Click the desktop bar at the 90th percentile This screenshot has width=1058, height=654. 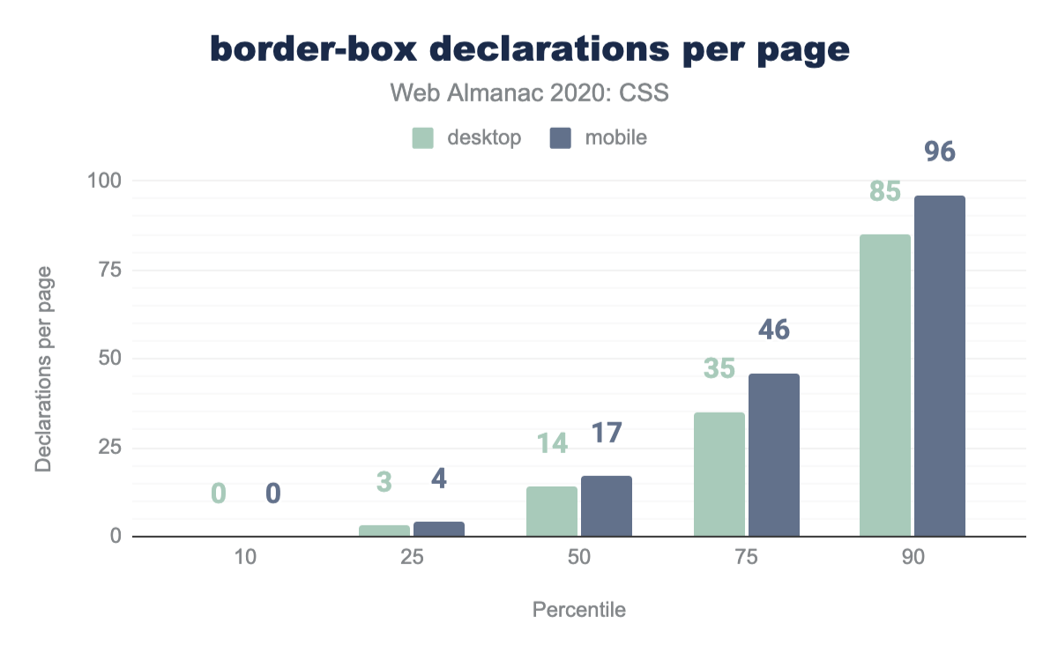[885, 385]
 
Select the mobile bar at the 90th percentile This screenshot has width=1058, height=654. [940, 366]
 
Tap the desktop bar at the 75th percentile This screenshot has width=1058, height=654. [719, 474]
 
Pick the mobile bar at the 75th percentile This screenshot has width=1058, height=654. [774, 455]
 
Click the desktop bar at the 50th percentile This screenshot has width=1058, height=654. [552, 511]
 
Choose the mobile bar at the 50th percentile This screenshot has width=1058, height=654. [607, 506]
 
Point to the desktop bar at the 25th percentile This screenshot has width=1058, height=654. [384, 531]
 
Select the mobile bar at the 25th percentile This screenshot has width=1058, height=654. [439, 529]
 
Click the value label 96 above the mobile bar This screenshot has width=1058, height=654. [940, 152]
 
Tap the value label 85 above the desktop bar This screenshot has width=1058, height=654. [884, 191]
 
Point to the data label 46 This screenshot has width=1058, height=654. [774, 331]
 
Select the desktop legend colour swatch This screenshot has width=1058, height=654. [424, 138]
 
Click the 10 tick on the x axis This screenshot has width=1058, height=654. [246, 559]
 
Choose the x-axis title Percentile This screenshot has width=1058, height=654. [579, 610]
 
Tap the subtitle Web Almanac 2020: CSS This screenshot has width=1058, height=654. [529, 93]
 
